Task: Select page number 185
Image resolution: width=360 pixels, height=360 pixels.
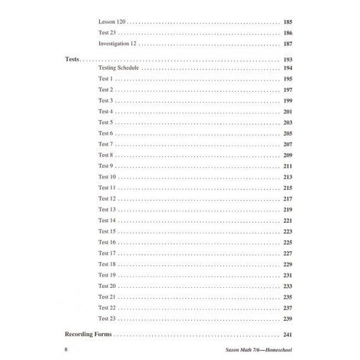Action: pyautogui.click(x=289, y=21)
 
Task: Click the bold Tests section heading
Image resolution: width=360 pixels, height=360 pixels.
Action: pyautogui.click(x=73, y=60)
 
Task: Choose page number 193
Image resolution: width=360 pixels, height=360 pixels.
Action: pyautogui.click(x=289, y=60)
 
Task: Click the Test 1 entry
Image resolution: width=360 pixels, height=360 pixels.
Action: pyautogui.click(x=105, y=79)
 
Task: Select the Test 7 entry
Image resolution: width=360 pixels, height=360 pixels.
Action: pyautogui.click(x=105, y=144)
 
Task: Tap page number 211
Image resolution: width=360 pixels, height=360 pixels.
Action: pyautogui.click(x=289, y=166)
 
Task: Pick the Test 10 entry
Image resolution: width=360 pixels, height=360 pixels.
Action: pyautogui.click(x=107, y=177)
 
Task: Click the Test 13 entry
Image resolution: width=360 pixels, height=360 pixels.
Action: pyautogui.click(x=107, y=209)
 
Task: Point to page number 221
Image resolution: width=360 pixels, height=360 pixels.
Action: pyautogui.click(x=289, y=220)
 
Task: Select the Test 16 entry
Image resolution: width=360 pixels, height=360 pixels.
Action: pyautogui.click(x=107, y=242)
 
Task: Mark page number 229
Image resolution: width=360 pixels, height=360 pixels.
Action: pyautogui.click(x=289, y=264)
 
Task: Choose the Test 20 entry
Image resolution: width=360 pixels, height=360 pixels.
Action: pyautogui.click(x=107, y=285)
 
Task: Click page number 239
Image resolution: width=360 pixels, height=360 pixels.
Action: pyautogui.click(x=289, y=318)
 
